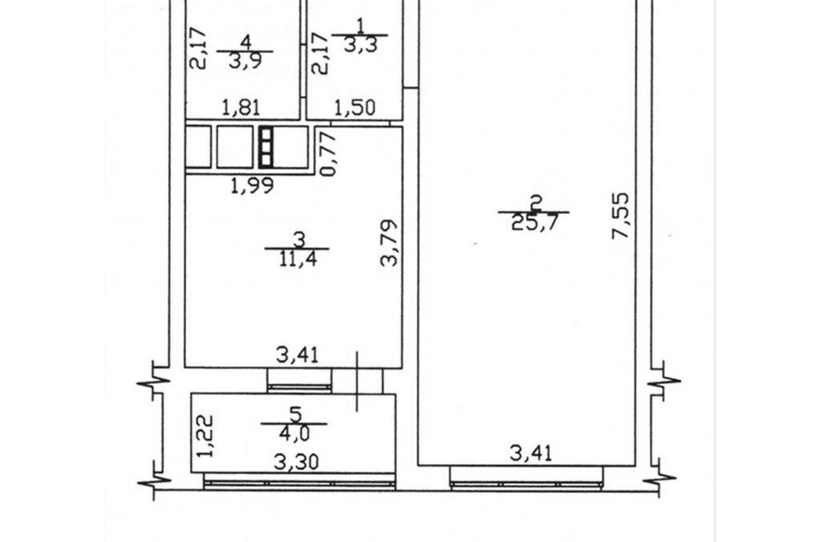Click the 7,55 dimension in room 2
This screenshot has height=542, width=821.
[x=620, y=217]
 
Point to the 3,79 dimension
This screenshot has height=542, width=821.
[x=389, y=243]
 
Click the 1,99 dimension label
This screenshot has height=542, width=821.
[x=252, y=186]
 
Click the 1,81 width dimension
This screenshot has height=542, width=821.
[x=241, y=108]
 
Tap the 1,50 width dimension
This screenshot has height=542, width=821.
[x=355, y=108]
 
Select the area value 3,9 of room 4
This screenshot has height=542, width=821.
[x=245, y=61]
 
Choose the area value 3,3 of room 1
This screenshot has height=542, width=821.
[x=360, y=45]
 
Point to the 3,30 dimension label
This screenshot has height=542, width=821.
[x=296, y=462]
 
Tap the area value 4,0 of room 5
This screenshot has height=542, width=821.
[x=295, y=434]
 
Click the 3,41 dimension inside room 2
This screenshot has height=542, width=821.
[x=531, y=454]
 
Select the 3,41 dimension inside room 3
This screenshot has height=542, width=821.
[x=297, y=355]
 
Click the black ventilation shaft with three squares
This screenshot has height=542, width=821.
[x=266, y=147]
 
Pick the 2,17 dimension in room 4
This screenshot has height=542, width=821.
[x=198, y=49]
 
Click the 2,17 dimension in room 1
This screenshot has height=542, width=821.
[x=319, y=53]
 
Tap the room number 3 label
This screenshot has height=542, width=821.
[x=300, y=240]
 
